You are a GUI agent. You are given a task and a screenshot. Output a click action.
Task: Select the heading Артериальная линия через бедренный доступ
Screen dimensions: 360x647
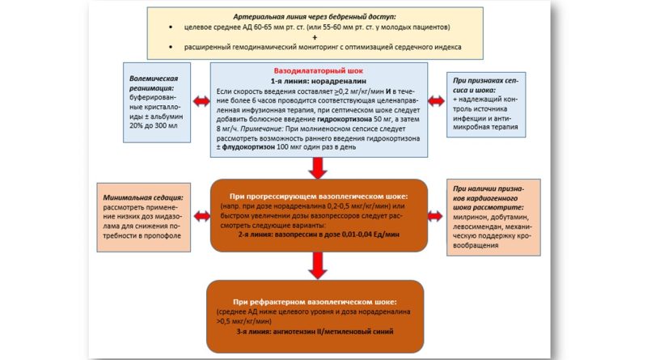(316, 16)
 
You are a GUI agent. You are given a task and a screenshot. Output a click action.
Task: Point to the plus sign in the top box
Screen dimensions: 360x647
(316, 37)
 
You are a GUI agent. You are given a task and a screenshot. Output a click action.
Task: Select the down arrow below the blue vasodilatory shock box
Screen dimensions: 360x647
(316, 168)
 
